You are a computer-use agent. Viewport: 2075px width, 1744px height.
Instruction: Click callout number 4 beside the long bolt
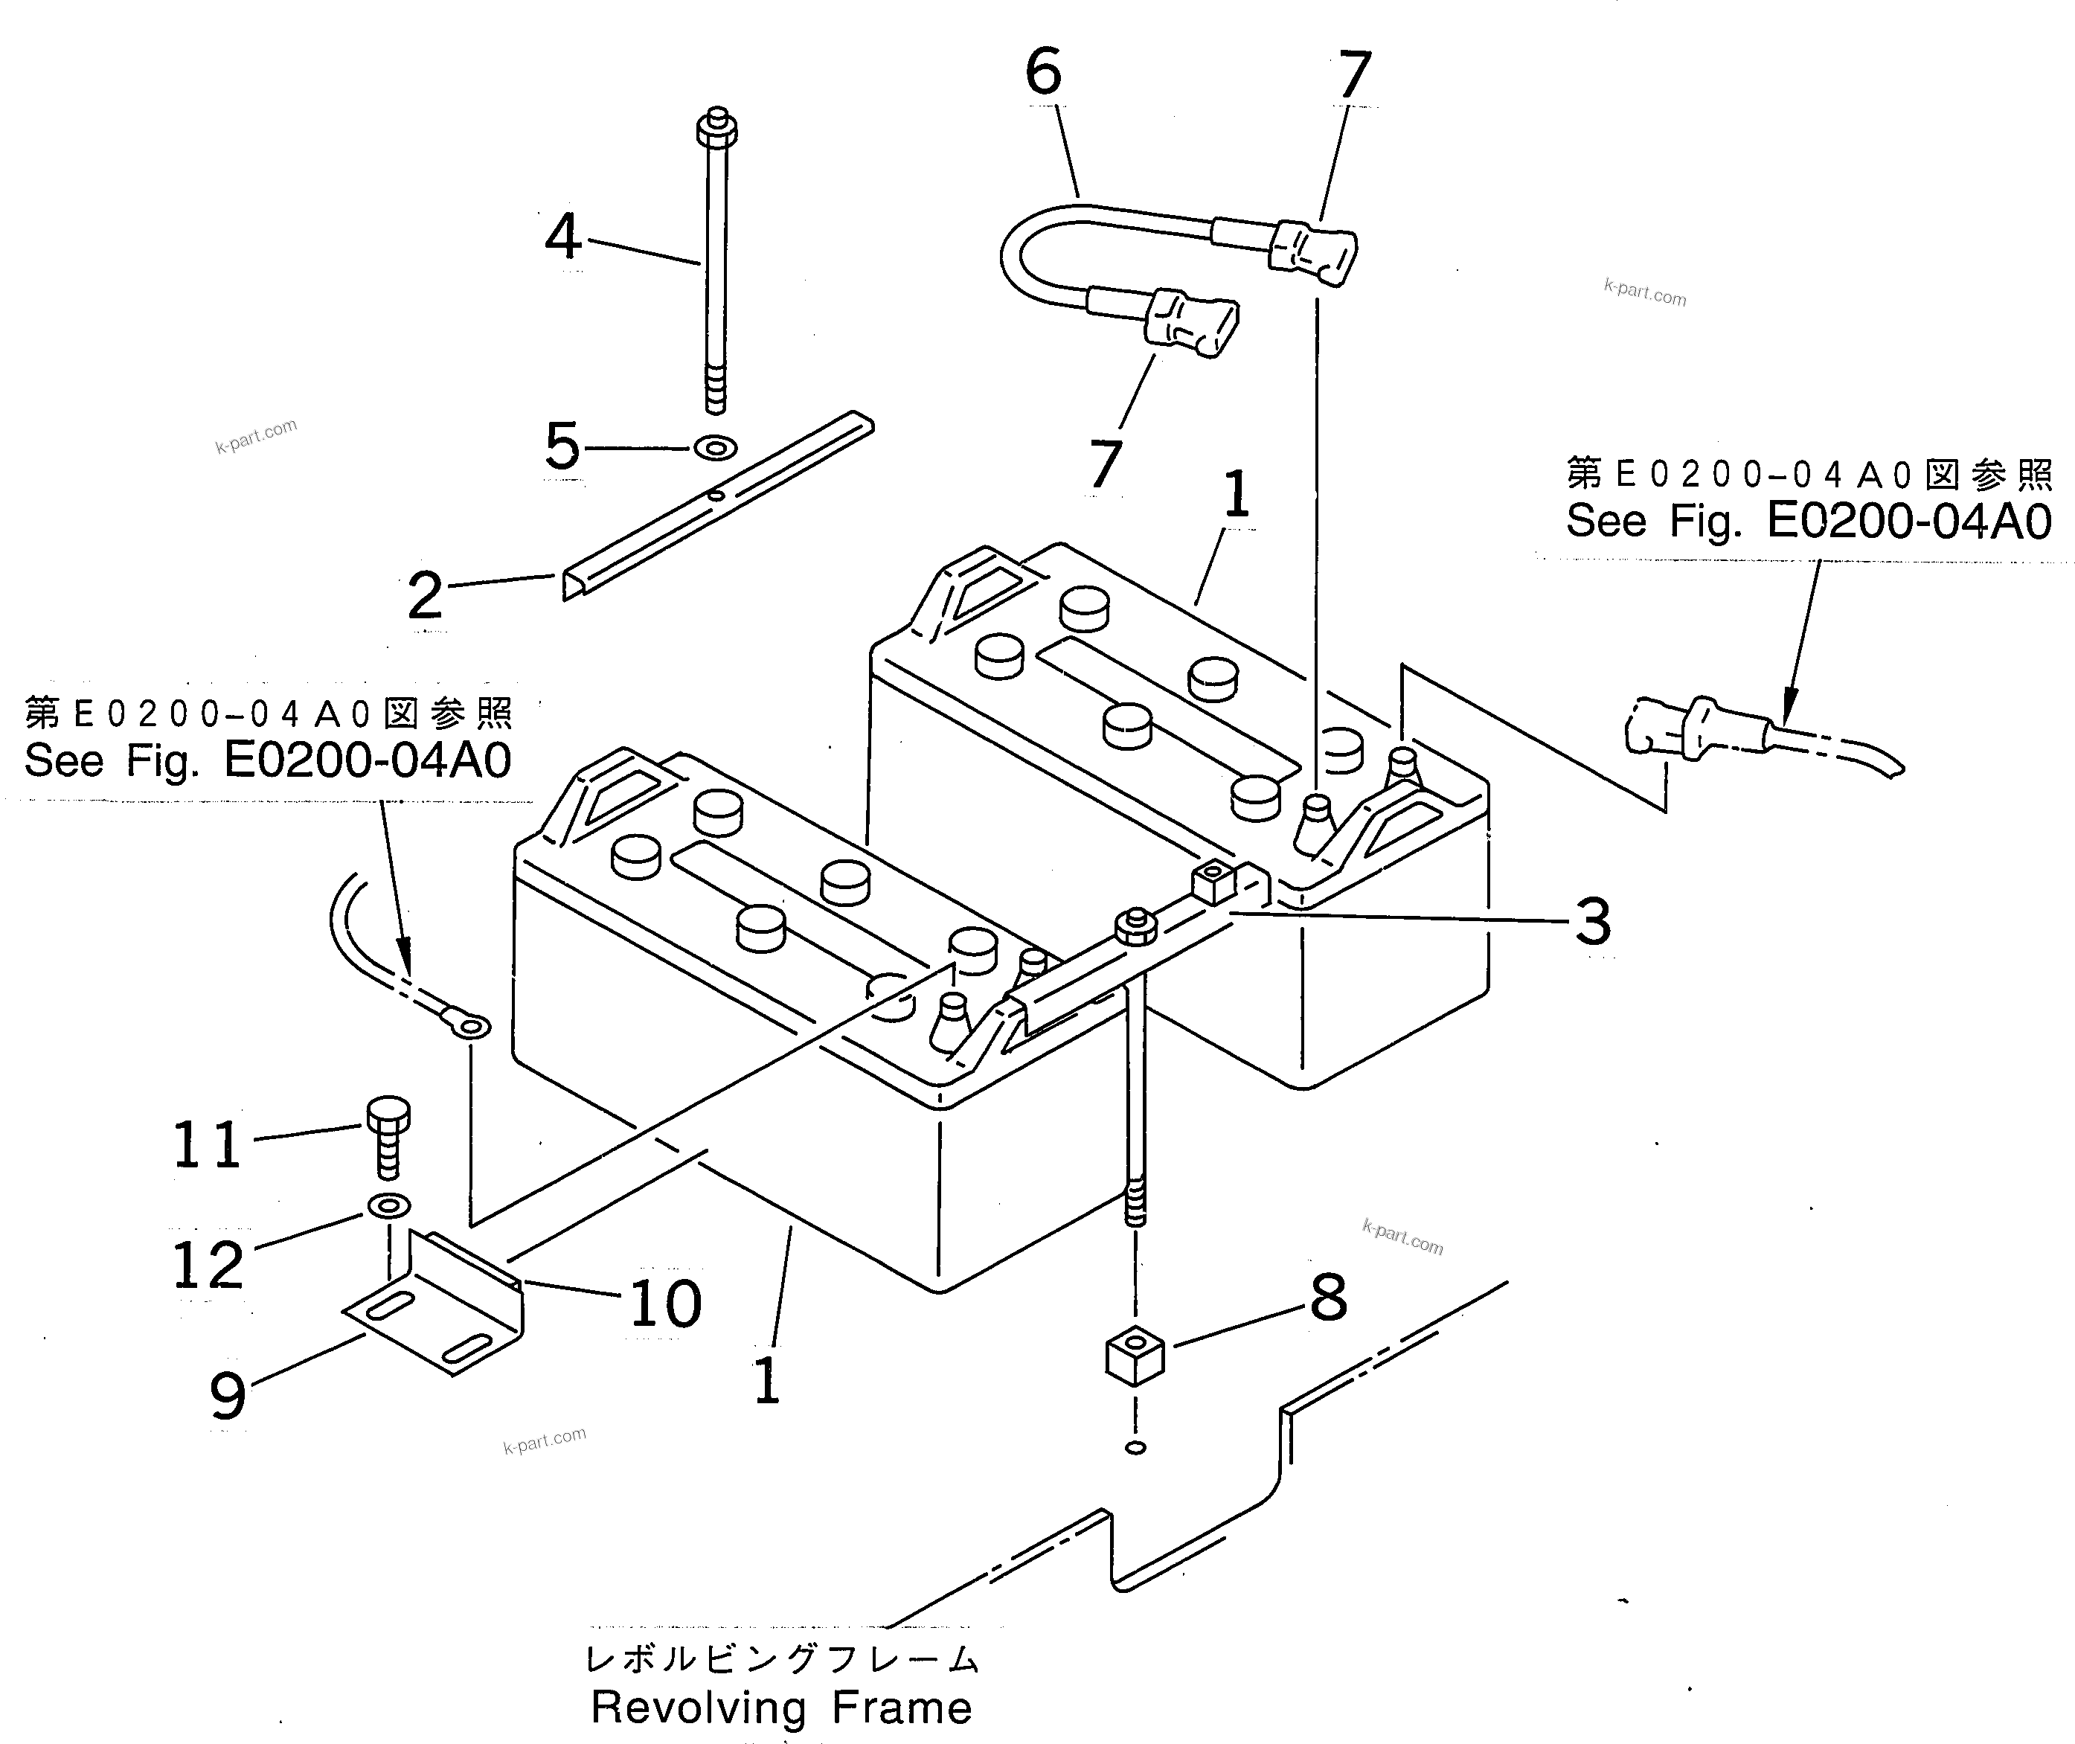(562, 237)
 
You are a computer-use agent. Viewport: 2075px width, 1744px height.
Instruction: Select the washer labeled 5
(715, 448)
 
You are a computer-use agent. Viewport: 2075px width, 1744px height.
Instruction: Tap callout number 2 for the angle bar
(425, 596)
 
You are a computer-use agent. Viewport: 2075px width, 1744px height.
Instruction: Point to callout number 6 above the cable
(1043, 72)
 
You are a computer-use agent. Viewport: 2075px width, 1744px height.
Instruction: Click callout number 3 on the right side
(1593, 921)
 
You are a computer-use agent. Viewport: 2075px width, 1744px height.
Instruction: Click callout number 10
(665, 1303)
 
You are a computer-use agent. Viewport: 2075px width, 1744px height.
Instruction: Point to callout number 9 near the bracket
(228, 1396)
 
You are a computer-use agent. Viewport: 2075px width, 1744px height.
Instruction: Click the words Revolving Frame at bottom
(781, 1708)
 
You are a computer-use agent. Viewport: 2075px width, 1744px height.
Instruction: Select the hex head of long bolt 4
(716, 129)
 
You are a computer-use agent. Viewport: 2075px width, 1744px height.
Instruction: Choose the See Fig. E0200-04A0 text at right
(1808, 522)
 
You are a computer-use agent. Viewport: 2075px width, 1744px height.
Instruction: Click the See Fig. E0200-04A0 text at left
(267, 760)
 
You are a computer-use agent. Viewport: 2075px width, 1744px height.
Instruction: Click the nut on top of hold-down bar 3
(1136, 926)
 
